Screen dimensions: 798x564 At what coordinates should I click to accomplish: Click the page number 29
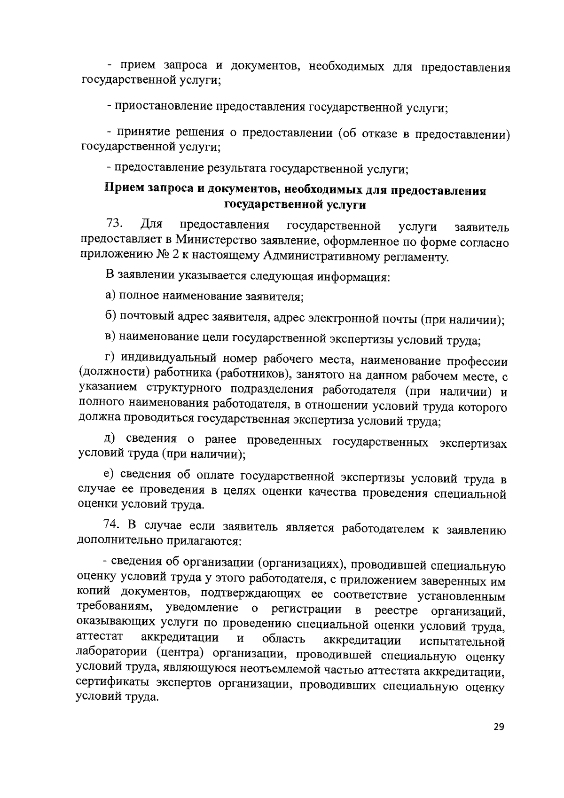pyautogui.click(x=499, y=740)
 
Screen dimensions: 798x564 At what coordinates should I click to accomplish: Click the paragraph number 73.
pyautogui.click(x=115, y=222)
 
